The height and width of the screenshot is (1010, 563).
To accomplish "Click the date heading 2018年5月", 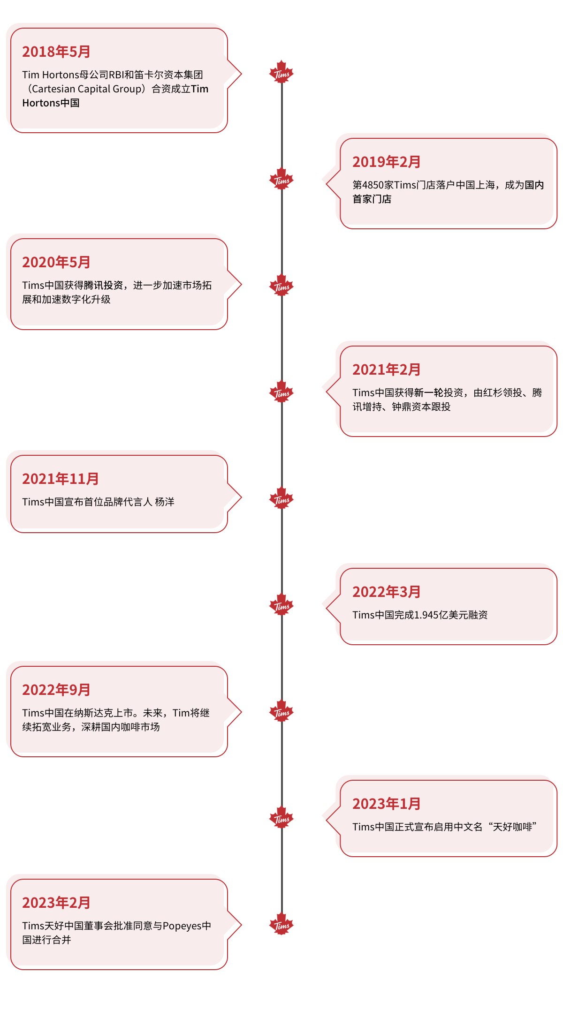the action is click(x=56, y=52).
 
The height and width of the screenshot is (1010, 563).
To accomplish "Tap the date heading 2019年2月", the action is click(x=387, y=162).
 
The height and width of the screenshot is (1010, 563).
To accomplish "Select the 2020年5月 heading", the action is click(x=56, y=262).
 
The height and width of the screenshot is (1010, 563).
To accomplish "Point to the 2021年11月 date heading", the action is click(x=61, y=479).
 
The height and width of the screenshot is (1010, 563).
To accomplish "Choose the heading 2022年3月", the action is click(x=387, y=592).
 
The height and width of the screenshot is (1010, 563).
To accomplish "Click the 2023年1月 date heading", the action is click(x=387, y=804).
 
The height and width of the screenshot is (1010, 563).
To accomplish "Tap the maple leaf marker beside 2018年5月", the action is click(x=281, y=72).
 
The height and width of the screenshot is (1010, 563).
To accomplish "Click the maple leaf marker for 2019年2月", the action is click(x=281, y=179).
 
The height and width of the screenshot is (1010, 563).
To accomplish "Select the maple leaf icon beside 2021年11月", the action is click(x=281, y=498).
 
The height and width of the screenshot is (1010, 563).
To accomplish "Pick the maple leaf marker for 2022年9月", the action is click(x=281, y=711).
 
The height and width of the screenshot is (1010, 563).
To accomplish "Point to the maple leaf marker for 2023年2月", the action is click(x=281, y=924).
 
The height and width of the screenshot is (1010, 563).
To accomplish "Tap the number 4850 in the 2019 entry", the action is click(x=373, y=185).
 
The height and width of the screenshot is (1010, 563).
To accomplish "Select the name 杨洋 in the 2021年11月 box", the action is click(x=165, y=502).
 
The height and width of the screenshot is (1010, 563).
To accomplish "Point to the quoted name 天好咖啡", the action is click(x=512, y=827).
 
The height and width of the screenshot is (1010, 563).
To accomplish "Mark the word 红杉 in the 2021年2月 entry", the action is click(x=493, y=392).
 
